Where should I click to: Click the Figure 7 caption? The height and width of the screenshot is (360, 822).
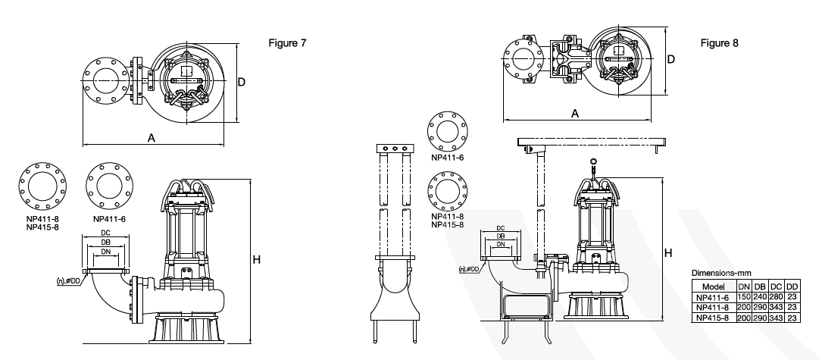[287, 43]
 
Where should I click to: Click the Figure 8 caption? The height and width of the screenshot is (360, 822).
[719, 43]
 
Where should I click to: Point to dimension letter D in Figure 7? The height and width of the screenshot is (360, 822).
[242, 82]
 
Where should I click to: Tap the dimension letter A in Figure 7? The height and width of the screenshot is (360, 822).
[152, 137]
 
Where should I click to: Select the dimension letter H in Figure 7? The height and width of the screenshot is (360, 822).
[256, 260]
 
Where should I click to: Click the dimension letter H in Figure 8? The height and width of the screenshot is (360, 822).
[668, 253]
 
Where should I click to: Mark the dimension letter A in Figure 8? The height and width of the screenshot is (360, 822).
[575, 114]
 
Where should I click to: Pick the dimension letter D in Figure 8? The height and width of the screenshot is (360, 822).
[671, 59]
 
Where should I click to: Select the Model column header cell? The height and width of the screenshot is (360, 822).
[714, 286]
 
